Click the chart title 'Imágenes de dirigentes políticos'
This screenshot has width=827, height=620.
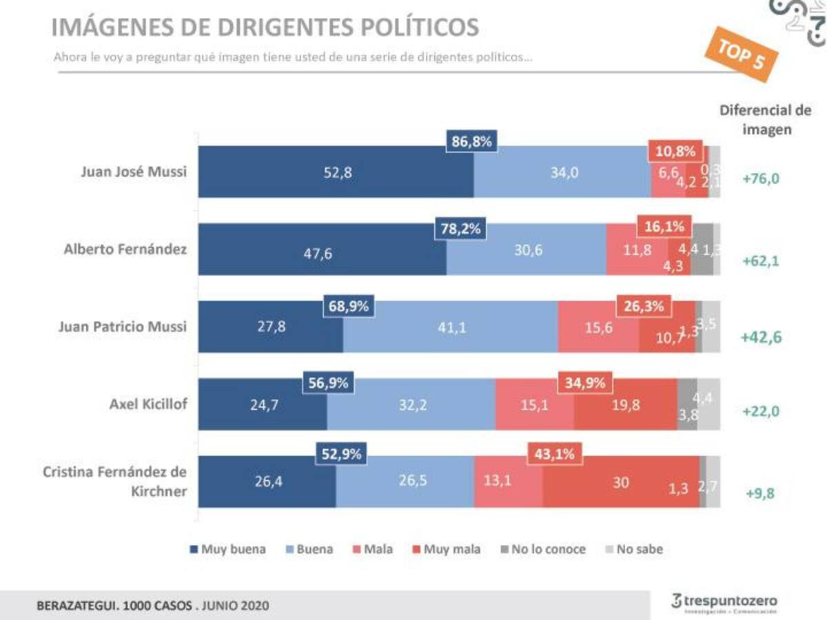pyautogui.click(x=265, y=28)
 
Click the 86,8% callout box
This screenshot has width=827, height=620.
pyautogui.click(x=472, y=142)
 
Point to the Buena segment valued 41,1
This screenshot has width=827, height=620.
pyautogui.click(x=451, y=327)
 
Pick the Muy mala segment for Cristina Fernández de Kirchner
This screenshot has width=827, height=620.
pyautogui.click(x=620, y=482)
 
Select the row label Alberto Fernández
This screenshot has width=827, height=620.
pyautogui.click(x=125, y=249)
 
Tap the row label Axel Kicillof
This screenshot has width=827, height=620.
pyautogui.click(x=147, y=404)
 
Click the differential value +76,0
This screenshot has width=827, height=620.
pyautogui.click(x=761, y=179)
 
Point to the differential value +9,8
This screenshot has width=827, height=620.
pyautogui.click(x=761, y=493)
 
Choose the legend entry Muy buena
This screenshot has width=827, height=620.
pyautogui.click(x=227, y=549)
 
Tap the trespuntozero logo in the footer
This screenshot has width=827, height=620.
pyautogui.click(x=724, y=601)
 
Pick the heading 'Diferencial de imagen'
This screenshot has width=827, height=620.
pyautogui.click(x=765, y=120)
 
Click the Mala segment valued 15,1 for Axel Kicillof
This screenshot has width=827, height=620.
pyautogui.click(x=534, y=405)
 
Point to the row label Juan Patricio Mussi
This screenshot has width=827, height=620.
pyautogui.click(x=122, y=327)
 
